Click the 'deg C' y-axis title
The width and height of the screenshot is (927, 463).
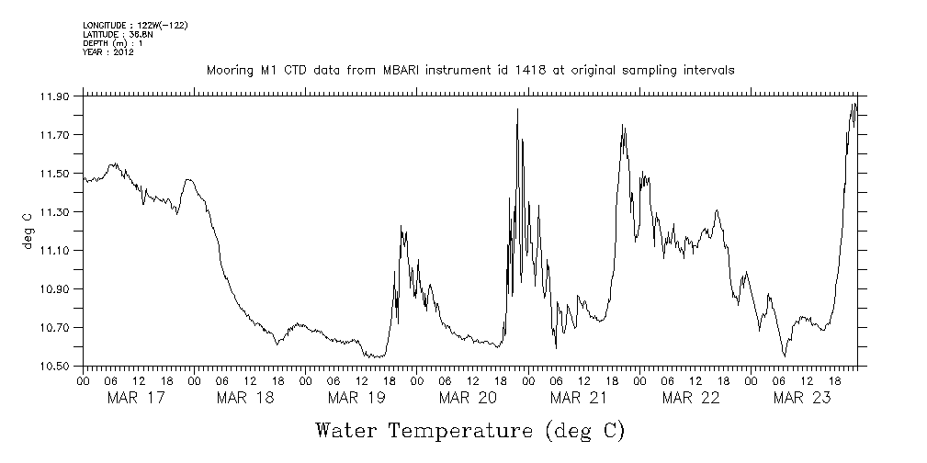click(x=28, y=231)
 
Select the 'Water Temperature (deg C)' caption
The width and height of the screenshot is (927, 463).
click(x=469, y=431)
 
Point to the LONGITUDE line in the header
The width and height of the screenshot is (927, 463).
click(x=135, y=25)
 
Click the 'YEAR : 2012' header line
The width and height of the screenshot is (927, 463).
click(x=108, y=52)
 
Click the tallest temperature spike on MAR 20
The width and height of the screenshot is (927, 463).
click(x=517, y=109)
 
